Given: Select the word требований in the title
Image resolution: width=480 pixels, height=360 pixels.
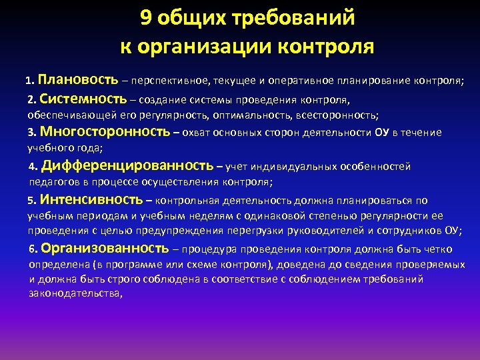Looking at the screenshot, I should click(292, 19).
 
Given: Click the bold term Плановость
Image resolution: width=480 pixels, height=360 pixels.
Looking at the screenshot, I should click(78, 81).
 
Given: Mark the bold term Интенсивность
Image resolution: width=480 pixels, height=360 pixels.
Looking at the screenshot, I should click(91, 199).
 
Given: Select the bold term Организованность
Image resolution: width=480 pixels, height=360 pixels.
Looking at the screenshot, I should click(105, 249).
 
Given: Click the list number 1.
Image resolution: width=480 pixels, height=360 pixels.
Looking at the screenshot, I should click(29, 82).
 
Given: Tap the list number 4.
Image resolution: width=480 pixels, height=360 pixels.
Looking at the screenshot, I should click(33, 167).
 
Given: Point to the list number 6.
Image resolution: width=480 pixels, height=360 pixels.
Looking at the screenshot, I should click(33, 250).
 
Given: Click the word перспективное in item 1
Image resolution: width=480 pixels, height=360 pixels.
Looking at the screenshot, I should click(169, 82).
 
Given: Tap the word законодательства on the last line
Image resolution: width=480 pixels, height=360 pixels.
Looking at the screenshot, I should click(75, 293).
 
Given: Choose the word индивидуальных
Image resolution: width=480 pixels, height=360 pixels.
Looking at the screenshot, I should click(295, 167).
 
